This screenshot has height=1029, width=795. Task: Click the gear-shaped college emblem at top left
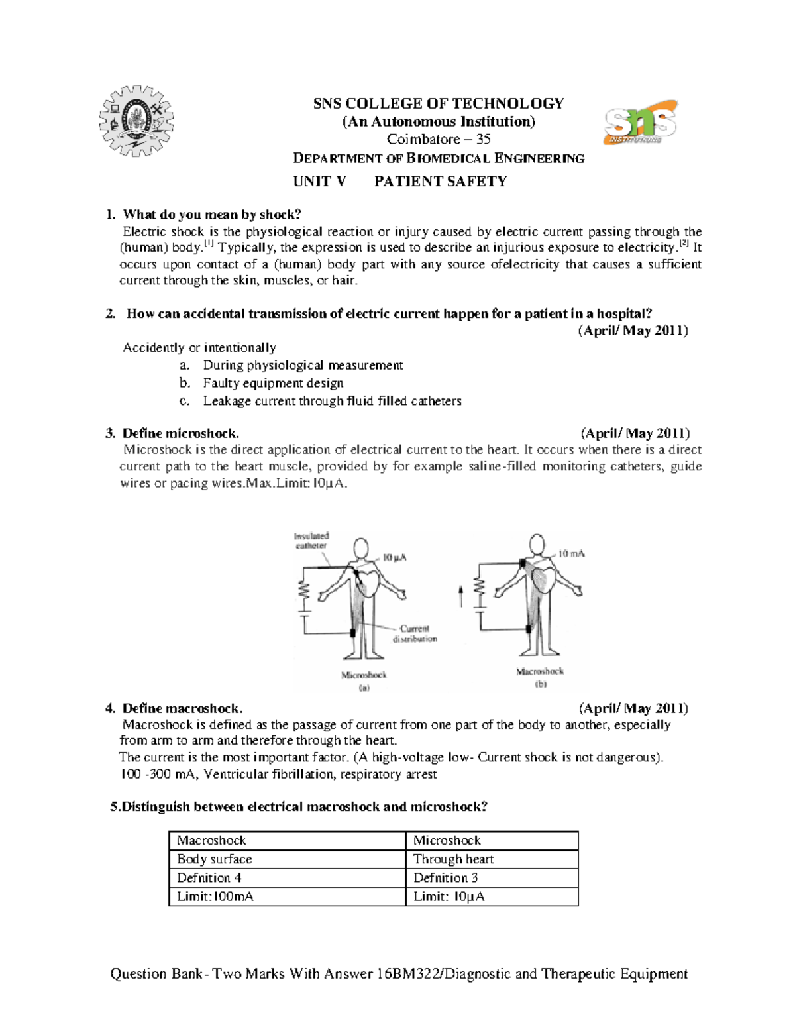[x=136, y=121]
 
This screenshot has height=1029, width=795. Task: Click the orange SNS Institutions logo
[x=640, y=123]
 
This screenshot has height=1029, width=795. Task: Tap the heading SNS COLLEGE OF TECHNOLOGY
[x=439, y=103]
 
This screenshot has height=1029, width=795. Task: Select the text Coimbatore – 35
[x=439, y=139]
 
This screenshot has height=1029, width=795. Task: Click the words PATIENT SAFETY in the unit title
[x=441, y=182]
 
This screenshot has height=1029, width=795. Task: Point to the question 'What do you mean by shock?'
[x=212, y=214]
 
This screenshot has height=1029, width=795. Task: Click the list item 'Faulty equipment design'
[x=273, y=383]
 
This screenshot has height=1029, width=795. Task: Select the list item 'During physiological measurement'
[x=303, y=365]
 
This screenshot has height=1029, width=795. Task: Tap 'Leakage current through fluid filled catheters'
[x=332, y=401]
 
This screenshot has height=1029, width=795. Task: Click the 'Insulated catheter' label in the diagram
[x=311, y=541]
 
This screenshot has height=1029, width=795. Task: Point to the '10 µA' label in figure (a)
[x=394, y=557]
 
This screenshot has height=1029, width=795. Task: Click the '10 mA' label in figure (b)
[x=571, y=553]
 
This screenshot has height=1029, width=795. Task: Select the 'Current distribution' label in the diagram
[x=415, y=634]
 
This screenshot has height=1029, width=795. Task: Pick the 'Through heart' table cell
[x=453, y=859]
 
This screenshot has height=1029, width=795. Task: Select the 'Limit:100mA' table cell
[x=215, y=896]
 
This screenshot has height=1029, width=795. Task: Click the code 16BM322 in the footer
[x=407, y=973]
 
